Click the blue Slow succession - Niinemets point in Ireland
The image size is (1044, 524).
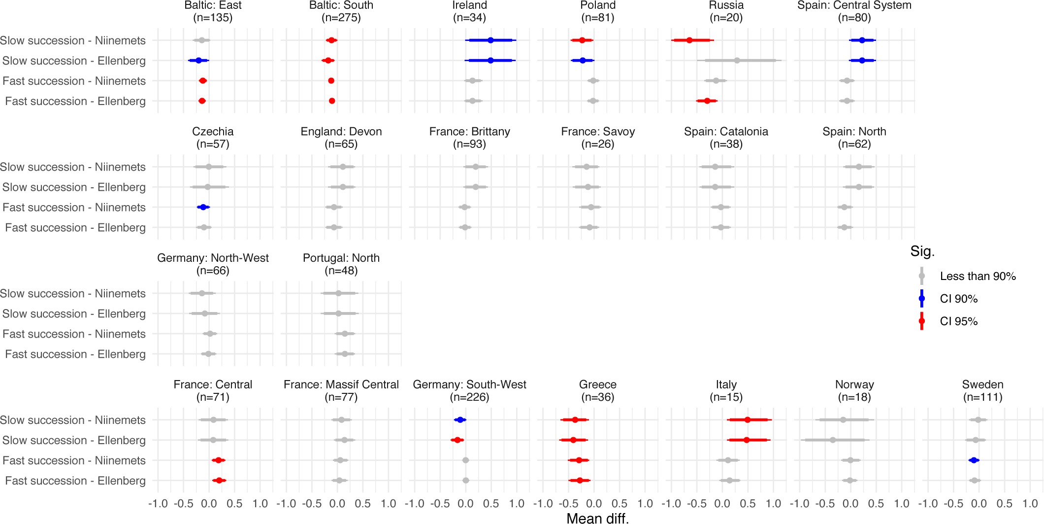(x=490, y=40)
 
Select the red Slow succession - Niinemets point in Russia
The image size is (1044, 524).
(x=689, y=40)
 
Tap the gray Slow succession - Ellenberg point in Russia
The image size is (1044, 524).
(x=737, y=61)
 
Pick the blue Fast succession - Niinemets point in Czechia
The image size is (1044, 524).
(x=203, y=208)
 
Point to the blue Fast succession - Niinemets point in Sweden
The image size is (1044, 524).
(x=973, y=460)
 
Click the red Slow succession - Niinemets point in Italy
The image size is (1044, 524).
(x=748, y=420)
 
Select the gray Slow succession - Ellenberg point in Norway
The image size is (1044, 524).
(x=832, y=440)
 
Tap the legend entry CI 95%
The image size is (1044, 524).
(x=958, y=321)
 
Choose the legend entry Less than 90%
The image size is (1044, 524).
(x=978, y=277)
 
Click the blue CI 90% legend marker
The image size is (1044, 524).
(x=922, y=299)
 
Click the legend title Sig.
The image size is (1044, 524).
(x=922, y=252)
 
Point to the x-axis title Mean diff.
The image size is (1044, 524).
(x=597, y=518)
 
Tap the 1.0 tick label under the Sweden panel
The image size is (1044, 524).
(x=1030, y=504)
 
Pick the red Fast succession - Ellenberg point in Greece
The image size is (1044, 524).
(x=580, y=481)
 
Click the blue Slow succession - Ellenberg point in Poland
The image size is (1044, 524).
(x=583, y=61)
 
